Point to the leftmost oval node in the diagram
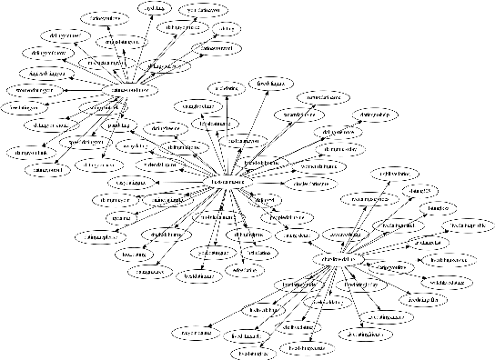pos(25,107)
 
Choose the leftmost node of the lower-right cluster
pos(197,334)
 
